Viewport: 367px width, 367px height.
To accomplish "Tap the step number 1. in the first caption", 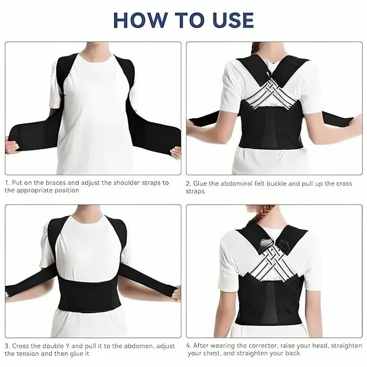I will coord(7,183).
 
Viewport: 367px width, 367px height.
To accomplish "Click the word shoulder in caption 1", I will coord(121,183).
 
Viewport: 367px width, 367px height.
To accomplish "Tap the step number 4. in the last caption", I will coord(189,345).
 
